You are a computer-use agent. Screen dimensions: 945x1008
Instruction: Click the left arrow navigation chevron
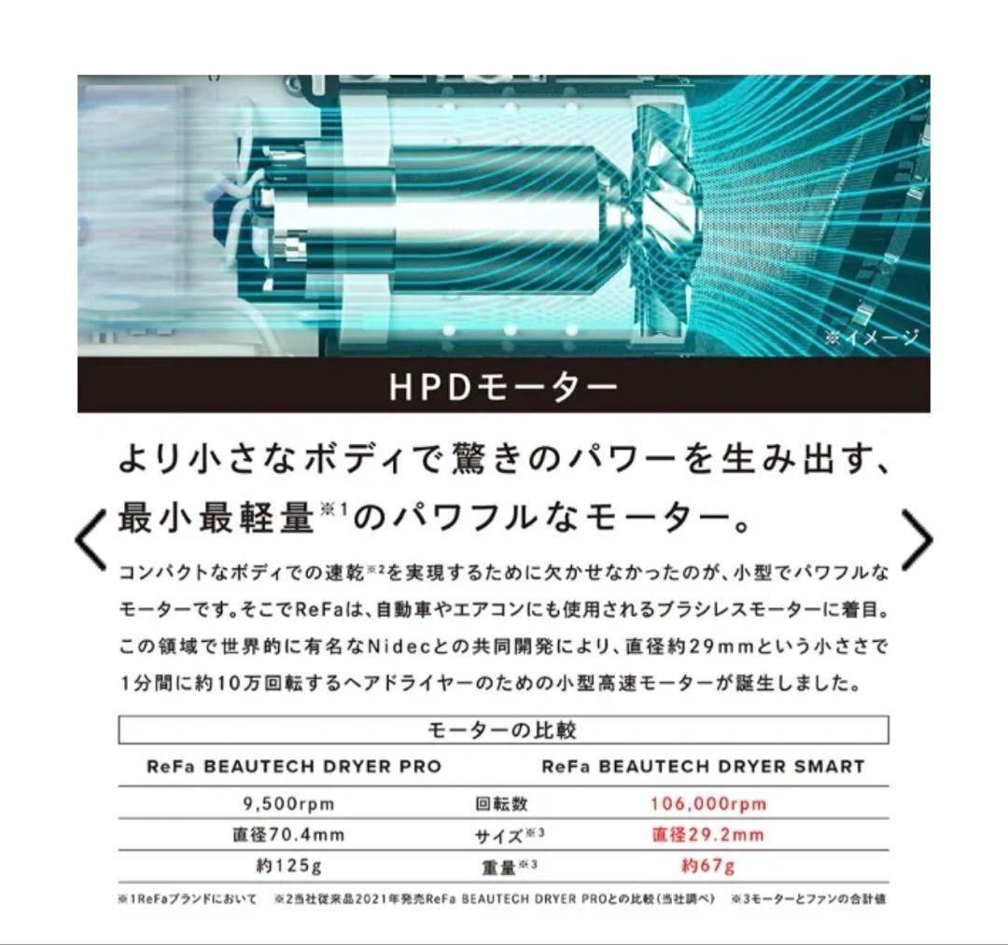point(91,539)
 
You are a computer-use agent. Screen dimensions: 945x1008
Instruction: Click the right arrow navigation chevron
point(917,539)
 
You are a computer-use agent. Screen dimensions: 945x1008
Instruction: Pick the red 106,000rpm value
point(708,803)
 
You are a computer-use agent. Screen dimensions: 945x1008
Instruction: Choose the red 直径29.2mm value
point(707,835)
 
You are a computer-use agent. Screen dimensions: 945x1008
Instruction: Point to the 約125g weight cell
point(287,866)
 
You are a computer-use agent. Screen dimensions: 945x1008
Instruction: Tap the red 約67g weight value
point(708,866)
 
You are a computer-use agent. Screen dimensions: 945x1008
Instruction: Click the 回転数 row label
point(502,804)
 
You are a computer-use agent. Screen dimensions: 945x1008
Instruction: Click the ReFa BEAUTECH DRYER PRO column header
point(294,767)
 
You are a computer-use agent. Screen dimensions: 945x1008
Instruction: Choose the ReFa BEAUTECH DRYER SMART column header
point(703,767)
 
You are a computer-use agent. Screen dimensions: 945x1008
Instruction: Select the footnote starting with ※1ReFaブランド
point(187,899)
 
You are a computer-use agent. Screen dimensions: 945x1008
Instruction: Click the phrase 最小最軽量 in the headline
point(215,517)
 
